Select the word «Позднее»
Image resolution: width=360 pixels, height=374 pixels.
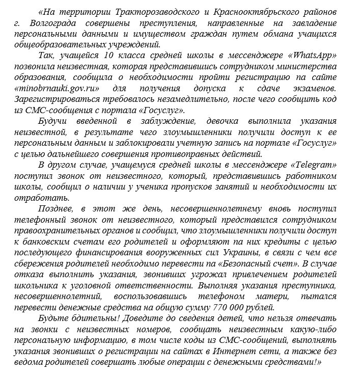(x=54, y=209)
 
